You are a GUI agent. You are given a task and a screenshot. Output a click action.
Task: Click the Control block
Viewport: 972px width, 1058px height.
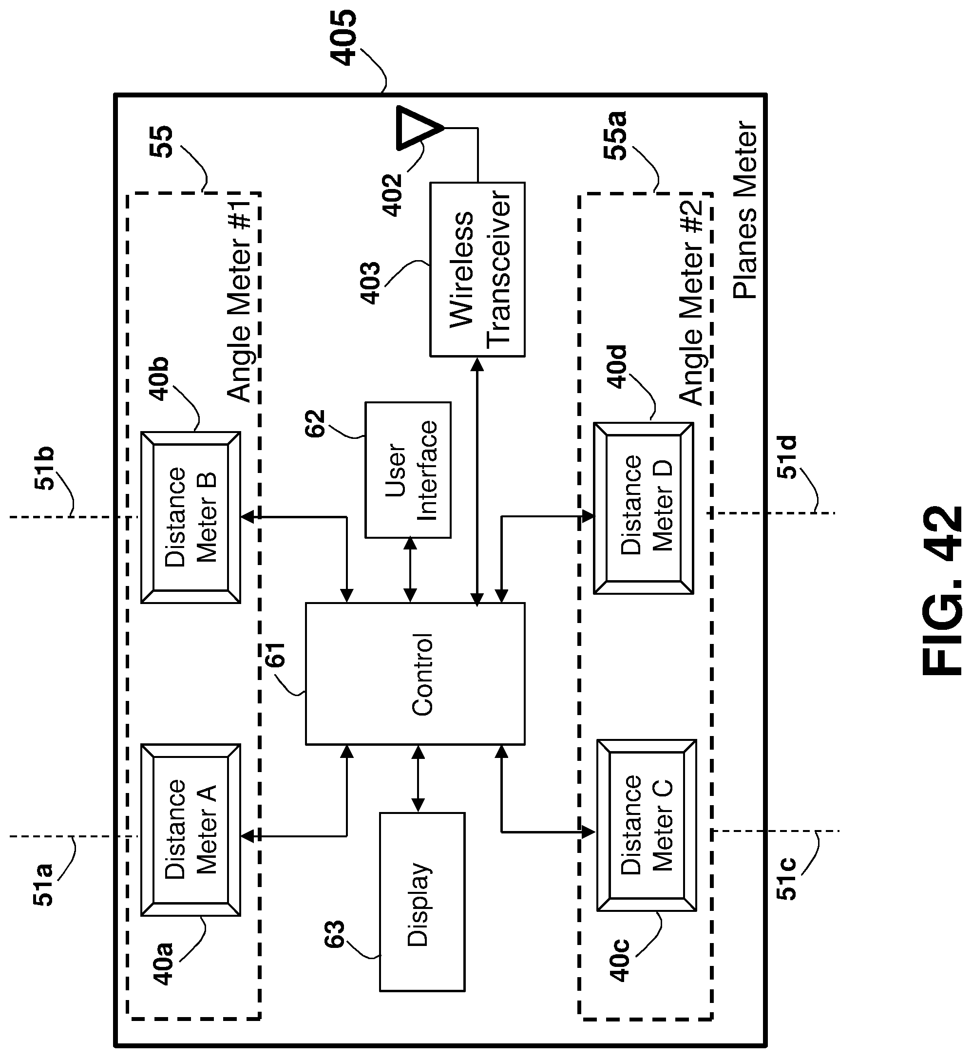click(415, 673)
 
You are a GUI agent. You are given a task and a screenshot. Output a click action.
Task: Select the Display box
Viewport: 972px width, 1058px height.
click(422, 902)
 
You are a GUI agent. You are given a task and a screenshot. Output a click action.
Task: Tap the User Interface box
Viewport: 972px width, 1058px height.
click(408, 470)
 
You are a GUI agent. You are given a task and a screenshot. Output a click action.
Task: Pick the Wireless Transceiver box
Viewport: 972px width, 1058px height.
click(477, 269)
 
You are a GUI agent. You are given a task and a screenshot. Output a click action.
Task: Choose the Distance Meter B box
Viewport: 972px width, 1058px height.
click(191, 517)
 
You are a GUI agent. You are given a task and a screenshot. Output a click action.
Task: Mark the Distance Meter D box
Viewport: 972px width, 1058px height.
click(643, 508)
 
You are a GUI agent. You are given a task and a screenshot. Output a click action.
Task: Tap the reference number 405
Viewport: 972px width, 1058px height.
click(342, 38)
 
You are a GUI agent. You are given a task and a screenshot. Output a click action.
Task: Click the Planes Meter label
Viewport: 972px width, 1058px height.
click(745, 210)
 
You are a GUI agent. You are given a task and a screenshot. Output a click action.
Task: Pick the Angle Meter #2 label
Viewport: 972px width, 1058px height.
click(692, 302)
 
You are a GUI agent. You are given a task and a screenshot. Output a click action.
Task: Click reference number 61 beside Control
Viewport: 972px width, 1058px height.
click(275, 654)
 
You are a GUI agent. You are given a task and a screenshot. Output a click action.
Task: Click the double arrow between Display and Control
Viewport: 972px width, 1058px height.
click(418, 779)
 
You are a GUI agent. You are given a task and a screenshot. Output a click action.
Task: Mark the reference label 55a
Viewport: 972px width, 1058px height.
click(614, 136)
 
